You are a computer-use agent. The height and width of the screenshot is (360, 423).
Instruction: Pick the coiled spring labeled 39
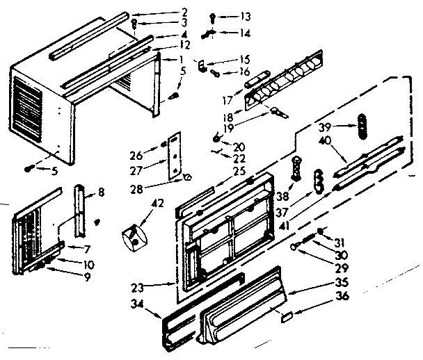[360, 126]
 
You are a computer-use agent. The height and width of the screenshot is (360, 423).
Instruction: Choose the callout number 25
[241, 170]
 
